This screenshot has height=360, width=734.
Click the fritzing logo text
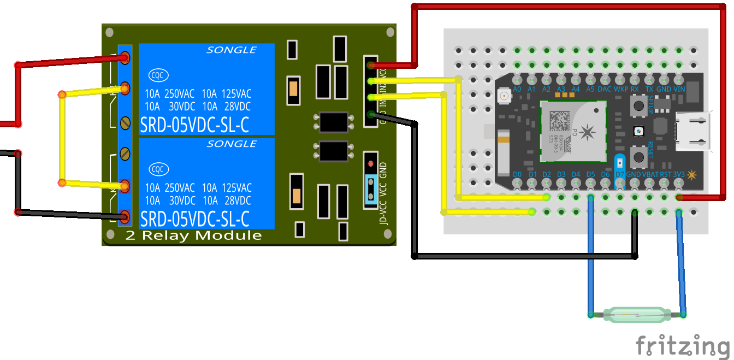[683, 346]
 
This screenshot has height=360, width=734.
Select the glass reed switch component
[637, 315]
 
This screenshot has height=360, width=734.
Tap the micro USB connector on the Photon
[693, 132]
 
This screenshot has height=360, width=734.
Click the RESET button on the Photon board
[637, 156]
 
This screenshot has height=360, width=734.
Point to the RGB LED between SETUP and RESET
[637, 131]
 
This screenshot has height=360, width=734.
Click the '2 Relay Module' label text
[193, 235]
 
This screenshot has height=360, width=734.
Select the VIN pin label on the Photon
[679, 88]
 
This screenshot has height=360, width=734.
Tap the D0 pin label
[517, 174]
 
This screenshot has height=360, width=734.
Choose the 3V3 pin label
[679, 174]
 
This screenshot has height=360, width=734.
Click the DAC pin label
[605, 88]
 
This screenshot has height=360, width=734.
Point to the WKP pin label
[620, 88]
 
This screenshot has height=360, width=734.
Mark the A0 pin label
[517, 88]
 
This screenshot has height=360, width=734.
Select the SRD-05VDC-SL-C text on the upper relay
[194, 125]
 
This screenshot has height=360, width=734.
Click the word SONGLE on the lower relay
[232, 144]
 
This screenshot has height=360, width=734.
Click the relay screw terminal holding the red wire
[125, 57]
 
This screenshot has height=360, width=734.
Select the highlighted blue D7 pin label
[619, 174]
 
